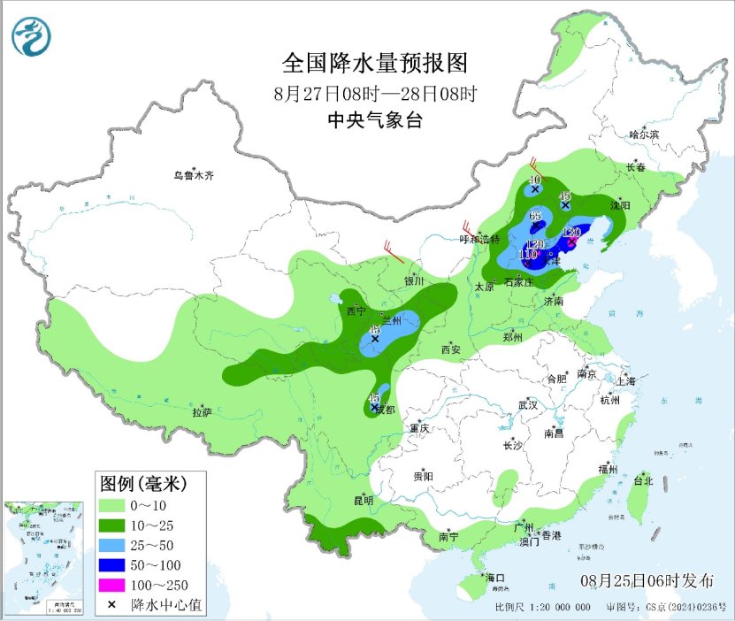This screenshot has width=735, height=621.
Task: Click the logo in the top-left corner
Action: [32, 35]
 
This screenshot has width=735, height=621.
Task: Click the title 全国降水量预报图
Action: [374, 64]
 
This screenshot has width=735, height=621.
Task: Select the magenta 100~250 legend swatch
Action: [112, 585]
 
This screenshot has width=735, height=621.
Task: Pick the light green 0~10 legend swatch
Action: [112, 505]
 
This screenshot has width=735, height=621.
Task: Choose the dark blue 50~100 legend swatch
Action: [112, 565]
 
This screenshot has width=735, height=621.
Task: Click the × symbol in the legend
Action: [112, 605]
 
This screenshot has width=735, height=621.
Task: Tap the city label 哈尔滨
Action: [644, 134]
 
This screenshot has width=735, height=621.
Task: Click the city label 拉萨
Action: [202, 411]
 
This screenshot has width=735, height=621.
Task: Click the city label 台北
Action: [642, 481]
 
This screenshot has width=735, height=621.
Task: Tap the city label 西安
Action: [450, 349]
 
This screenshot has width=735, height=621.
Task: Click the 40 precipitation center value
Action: [534, 180]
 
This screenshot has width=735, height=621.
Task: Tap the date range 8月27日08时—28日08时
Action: [374, 93]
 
